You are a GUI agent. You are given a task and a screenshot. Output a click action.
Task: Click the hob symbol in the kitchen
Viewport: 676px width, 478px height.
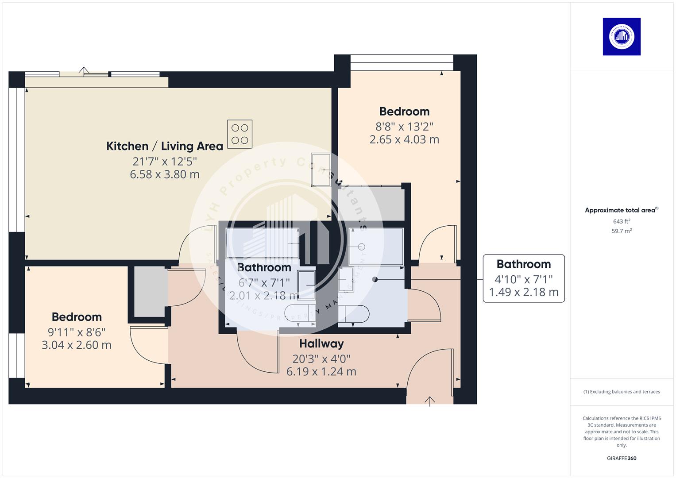click(x=239, y=134)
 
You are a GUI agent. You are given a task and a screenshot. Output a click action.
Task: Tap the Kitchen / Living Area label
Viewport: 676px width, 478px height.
click(x=165, y=146)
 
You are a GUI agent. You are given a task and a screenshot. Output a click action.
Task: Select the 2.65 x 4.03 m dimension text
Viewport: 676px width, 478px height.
click(x=404, y=139)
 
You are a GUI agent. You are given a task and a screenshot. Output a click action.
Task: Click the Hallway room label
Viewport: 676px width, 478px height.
click(x=321, y=343)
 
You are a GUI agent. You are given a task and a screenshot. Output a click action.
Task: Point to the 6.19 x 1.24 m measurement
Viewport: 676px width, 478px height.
click(x=321, y=371)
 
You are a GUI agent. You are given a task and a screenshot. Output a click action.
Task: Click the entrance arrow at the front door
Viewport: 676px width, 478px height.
click(x=429, y=401)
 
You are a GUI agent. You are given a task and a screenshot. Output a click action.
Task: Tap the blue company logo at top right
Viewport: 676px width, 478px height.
click(x=622, y=37)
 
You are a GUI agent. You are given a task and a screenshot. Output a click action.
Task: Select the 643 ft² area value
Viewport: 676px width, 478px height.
click(x=622, y=221)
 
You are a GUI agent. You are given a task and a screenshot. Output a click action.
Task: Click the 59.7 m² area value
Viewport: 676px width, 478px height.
click(x=622, y=231)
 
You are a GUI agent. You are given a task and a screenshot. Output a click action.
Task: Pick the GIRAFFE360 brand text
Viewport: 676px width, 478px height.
click(x=622, y=458)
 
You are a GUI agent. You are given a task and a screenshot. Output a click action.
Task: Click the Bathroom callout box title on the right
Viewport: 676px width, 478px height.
click(x=523, y=264)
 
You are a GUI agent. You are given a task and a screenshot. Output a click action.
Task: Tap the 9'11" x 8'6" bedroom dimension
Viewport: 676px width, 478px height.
click(x=77, y=332)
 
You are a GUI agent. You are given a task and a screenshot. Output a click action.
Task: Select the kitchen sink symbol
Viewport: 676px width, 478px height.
click(x=321, y=170)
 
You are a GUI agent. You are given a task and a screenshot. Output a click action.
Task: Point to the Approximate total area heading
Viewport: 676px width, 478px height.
click(x=621, y=210)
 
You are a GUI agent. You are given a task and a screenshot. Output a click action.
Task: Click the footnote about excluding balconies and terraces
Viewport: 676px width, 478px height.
click(x=622, y=392)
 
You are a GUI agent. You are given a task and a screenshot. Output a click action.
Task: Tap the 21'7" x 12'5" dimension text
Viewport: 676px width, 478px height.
click(x=165, y=161)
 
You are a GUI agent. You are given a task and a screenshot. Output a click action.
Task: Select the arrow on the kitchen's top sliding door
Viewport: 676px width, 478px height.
click(x=84, y=69)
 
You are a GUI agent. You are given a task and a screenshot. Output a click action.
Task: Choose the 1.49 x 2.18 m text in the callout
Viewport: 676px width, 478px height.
click(x=523, y=292)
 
